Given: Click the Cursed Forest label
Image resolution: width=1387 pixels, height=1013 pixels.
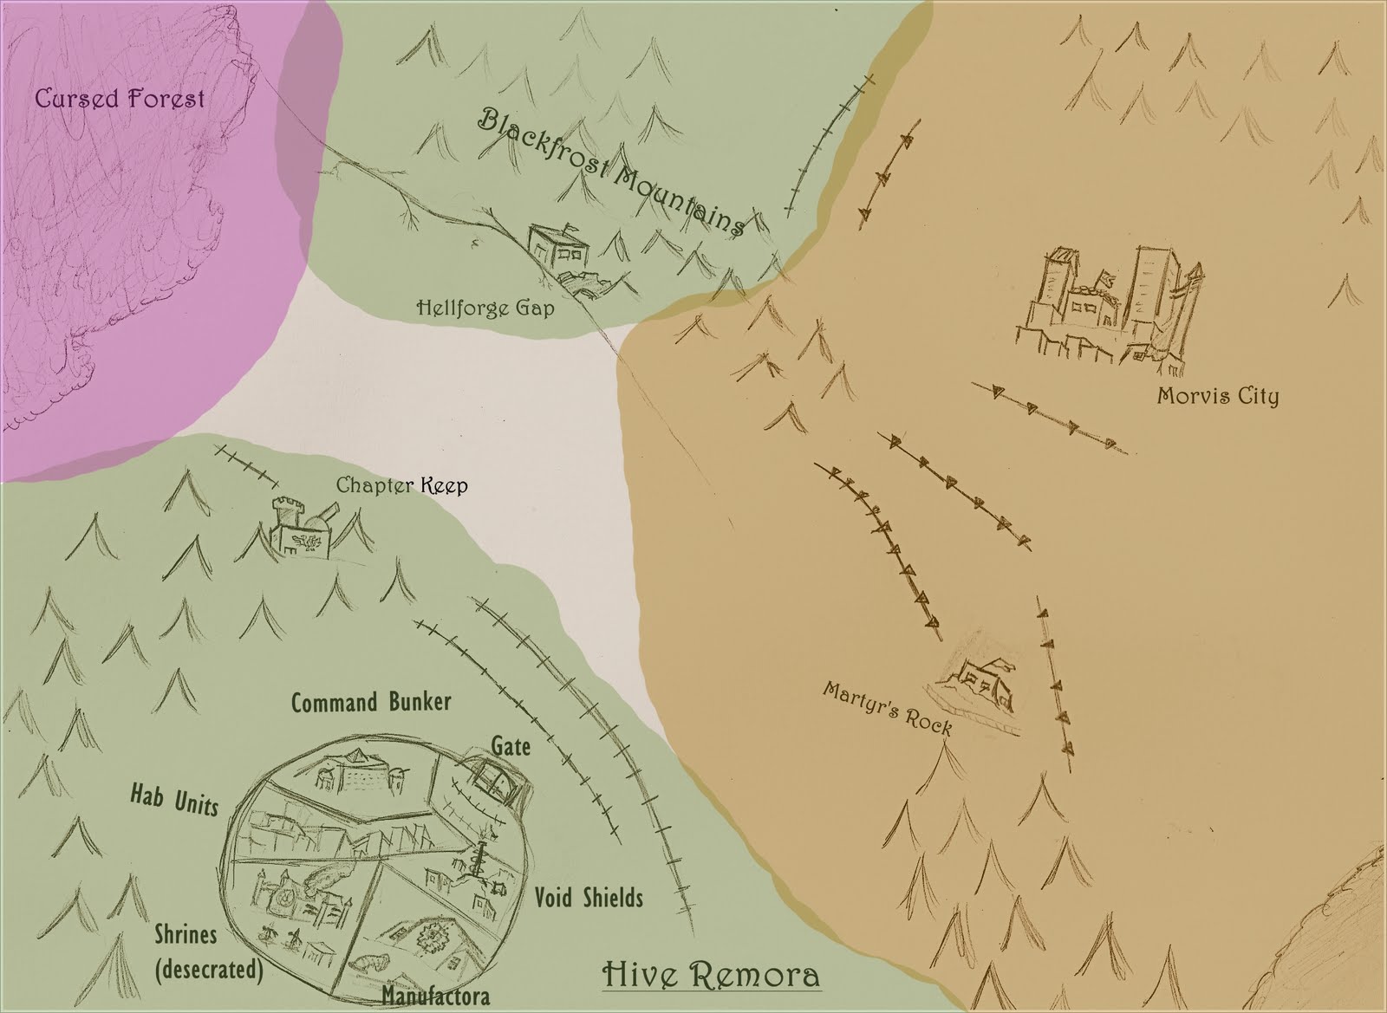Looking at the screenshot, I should click(120, 98).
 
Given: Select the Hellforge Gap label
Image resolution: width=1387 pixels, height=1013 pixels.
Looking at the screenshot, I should click(485, 307).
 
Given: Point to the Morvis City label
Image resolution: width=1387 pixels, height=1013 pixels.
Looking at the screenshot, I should click(1218, 397).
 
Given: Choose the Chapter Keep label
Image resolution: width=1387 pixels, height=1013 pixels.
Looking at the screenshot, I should click(401, 484).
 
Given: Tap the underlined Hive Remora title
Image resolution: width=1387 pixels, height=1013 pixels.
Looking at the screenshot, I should click(711, 951).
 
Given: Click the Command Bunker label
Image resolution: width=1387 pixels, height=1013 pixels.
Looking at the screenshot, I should click(371, 701).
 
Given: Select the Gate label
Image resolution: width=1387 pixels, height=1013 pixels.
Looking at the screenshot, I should click(511, 745).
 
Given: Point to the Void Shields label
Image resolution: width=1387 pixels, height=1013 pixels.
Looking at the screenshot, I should click(589, 896).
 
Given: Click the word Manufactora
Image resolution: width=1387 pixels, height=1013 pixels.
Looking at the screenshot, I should click(435, 997).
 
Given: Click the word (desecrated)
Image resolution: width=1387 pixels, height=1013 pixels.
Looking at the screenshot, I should click(209, 968).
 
